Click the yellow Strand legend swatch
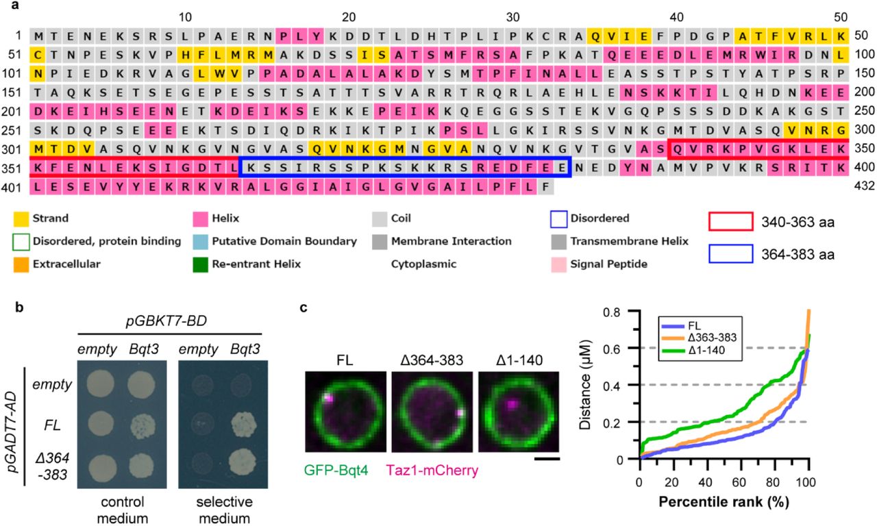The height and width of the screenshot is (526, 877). tap(18, 218)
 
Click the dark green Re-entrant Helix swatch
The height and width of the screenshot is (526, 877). tap(198, 262)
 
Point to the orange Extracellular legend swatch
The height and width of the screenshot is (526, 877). tap(18, 262)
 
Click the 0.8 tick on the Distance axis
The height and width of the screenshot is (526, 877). tap(624, 311)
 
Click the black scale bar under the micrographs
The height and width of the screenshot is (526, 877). tap(547, 459)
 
